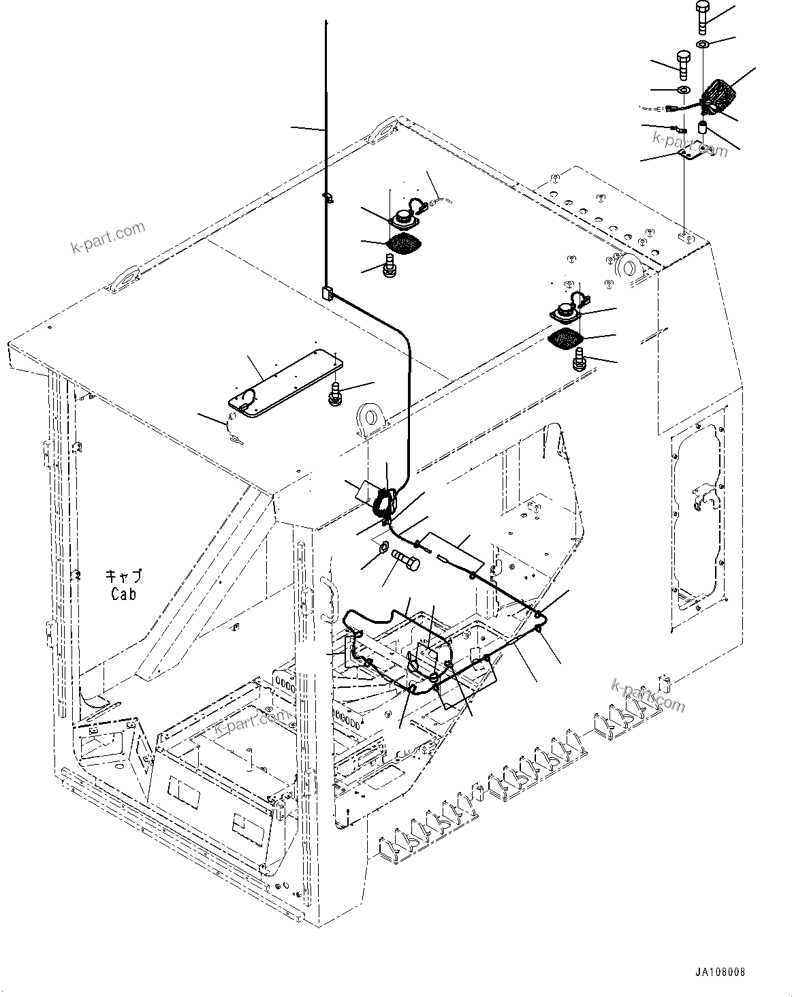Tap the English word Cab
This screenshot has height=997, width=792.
click(123, 594)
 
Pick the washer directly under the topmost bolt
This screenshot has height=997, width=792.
click(703, 44)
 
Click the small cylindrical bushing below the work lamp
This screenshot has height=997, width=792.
click(702, 127)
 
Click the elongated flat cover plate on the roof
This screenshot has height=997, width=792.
click(285, 383)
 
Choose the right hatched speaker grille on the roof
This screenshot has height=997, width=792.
click(565, 337)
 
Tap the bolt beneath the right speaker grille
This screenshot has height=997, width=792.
click(580, 359)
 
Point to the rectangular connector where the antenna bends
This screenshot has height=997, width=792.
click(326, 294)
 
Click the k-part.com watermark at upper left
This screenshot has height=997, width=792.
click(108, 236)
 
